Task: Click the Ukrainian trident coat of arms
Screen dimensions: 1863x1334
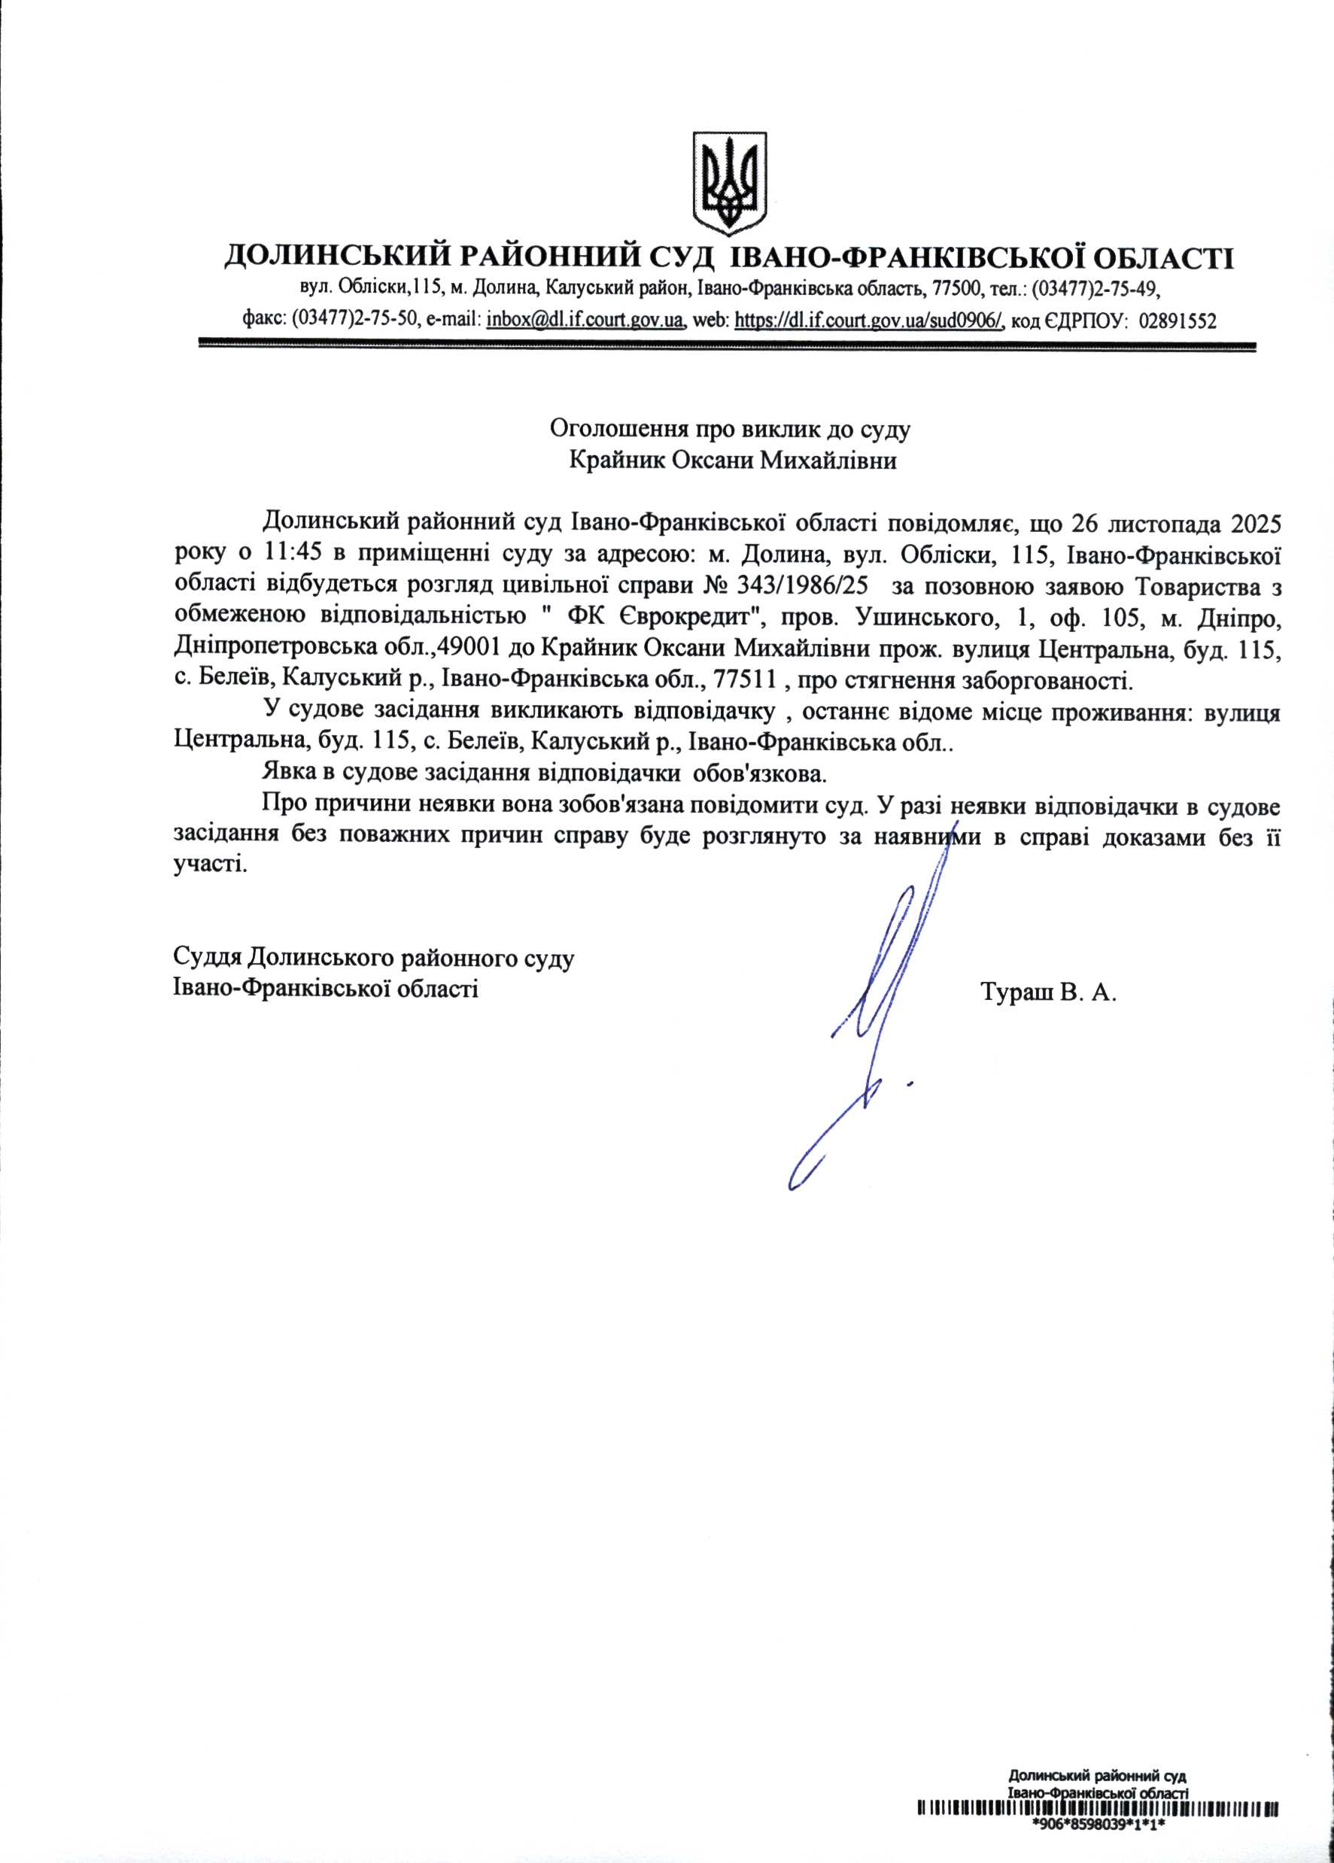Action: (729, 182)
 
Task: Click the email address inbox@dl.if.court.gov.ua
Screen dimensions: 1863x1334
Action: (585, 321)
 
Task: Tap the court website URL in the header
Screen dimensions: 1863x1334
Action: (869, 321)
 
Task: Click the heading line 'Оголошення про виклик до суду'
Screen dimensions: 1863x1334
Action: (731, 428)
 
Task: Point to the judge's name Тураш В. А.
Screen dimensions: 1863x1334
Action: (1048, 993)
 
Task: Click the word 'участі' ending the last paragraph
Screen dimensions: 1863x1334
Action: (209, 866)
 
